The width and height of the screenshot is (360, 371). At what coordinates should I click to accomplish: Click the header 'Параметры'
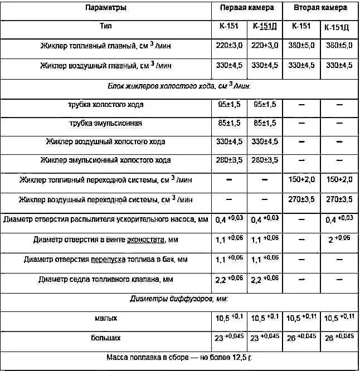105,8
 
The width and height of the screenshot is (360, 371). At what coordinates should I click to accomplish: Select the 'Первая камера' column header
247,8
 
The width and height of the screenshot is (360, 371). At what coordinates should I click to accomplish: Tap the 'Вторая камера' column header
320,8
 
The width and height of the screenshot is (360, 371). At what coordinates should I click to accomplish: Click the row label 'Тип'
105,26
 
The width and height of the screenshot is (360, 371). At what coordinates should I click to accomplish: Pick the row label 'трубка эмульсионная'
105,123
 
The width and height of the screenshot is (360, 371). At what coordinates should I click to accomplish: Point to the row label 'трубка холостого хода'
105,104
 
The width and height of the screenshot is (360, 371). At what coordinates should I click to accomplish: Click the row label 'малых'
105,318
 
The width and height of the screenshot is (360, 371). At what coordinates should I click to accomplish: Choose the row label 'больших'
105,338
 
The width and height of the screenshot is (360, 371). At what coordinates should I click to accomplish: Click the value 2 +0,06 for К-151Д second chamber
339,240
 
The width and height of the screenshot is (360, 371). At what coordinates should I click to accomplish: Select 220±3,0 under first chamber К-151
228,45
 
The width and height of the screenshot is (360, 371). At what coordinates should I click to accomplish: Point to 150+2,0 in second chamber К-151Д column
339,180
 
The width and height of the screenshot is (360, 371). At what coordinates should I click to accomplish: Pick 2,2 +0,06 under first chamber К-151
228,278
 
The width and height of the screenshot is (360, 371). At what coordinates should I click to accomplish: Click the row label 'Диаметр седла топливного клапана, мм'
105,278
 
